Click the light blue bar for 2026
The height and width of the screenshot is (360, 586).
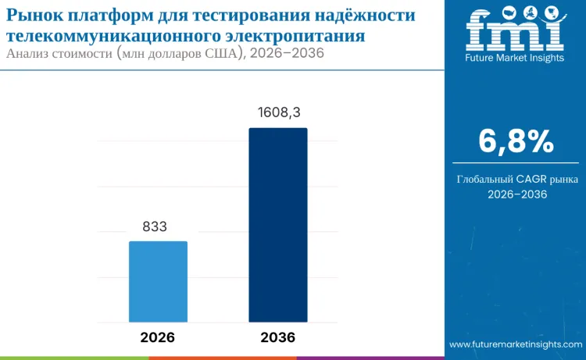(x=158, y=281)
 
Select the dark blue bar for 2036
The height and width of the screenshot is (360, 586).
(x=277, y=225)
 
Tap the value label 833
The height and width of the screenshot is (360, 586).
(x=158, y=226)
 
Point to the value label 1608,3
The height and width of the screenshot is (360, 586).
(x=278, y=113)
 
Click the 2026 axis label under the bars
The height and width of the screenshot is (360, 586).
(x=158, y=337)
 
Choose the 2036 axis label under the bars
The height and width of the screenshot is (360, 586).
(x=277, y=337)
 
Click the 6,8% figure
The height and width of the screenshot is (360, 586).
(x=516, y=142)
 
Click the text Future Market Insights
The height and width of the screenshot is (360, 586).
(x=515, y=58)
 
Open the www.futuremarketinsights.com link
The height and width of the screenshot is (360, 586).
(x=515, y=344)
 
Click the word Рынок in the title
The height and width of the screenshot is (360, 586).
(x=35, y=16)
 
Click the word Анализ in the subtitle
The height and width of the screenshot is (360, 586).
(x=30, y=54)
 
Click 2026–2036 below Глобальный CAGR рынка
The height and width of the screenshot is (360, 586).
(x=516, y=195)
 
